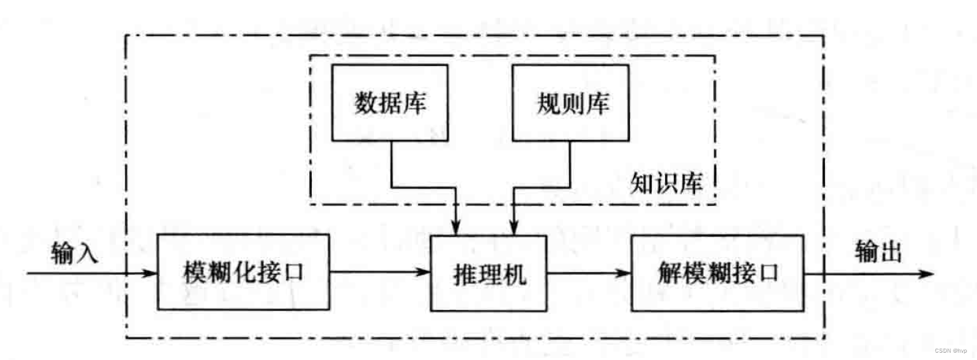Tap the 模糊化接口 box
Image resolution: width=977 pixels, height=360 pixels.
coord(244,272)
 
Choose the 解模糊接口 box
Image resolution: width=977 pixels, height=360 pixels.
coord(717,272)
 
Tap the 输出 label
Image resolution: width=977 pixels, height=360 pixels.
coord(878,253)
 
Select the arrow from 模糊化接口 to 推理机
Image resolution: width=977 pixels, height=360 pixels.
coord(380,272)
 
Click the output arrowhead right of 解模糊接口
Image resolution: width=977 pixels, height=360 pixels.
coord(928,273)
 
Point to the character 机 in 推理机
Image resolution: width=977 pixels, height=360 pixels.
coord(514,273)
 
